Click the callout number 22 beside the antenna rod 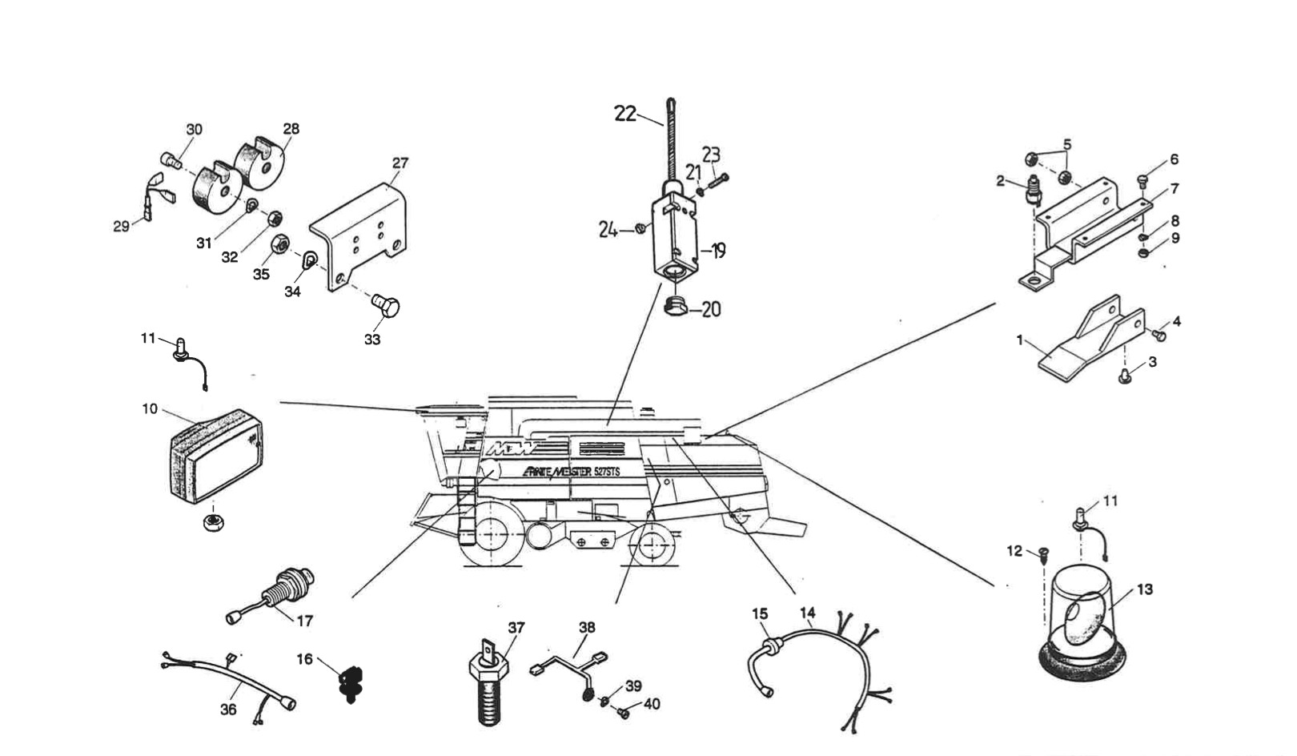(624, 114)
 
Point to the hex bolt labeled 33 (387, 305)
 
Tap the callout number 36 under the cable (228, 710)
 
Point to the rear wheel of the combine (654, 545)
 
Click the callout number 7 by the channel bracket (1174, 189)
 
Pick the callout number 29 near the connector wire (121, 227)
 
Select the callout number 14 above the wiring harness (807, 613)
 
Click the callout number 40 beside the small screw (652, 705)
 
